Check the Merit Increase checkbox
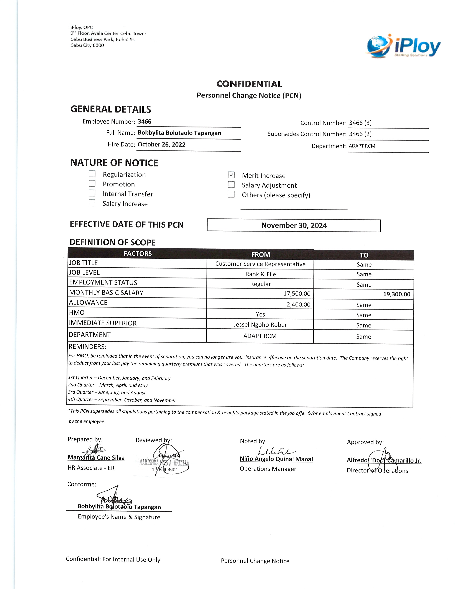tap(231, 175)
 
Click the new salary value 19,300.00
tap(396, 294)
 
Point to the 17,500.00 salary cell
tap(297, 293)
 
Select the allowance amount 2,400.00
tap(298, 305)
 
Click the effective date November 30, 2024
tap(294, 225)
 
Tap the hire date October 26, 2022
tap(161, 145)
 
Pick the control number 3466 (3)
tap(360, 123)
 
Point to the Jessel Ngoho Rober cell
tap(260, 325)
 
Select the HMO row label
tap(77, 313)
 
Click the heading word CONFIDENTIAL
tap(249, 84)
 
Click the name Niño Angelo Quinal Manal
tap(276, 459)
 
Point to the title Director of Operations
tap(377, 471)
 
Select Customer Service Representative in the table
tap(260, 264)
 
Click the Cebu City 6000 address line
tap(87, 45)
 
